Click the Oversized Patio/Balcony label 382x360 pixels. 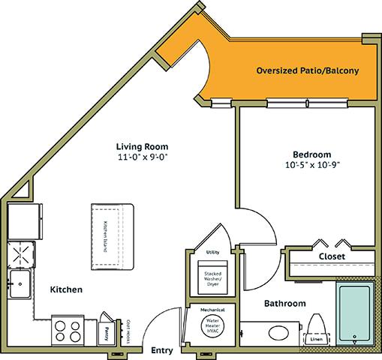coord(306,71)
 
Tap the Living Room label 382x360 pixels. coord(142,146)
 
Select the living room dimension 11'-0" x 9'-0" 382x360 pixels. coord(142,158)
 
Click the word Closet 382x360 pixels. coord(332,256)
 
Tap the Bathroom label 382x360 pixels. coord(284,304)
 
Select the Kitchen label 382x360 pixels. coord(66,289)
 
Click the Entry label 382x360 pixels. coord(162,349)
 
